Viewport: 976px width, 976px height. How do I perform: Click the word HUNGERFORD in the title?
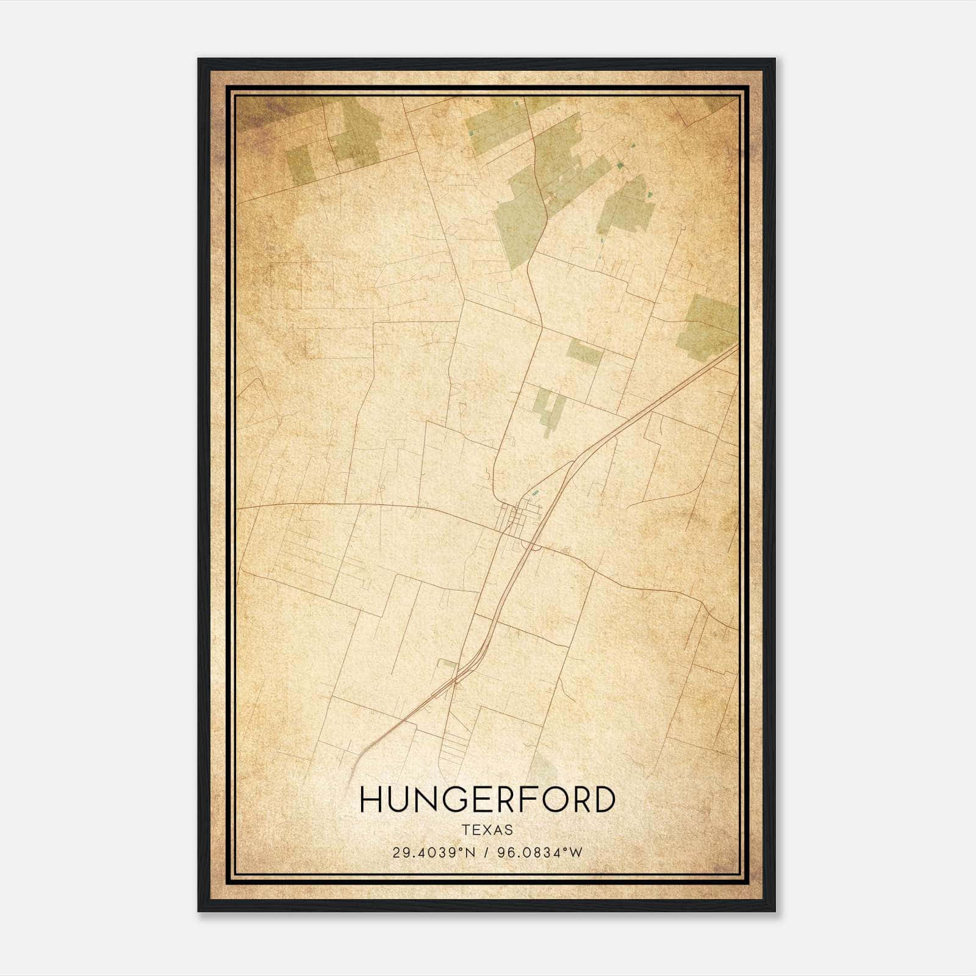click(x=487, y=800)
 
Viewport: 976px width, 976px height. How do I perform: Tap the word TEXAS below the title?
click(x=487, y=830)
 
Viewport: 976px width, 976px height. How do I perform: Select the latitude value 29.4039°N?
click(x=433, y=853)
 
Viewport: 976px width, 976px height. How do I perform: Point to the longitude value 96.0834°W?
click(x=540, y=853)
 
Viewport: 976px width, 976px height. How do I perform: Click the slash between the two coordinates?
click(x=486, y=853)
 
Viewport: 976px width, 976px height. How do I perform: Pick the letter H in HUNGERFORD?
click(x=371, y=800)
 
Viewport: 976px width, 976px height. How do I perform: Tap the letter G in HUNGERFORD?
click(x=450, y=800)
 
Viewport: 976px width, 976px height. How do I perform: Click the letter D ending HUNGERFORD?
click(x=603, y=800)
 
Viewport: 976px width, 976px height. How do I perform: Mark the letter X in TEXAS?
click(x=487, y=830)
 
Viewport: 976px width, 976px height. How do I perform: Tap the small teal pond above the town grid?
click(x=535, y=493)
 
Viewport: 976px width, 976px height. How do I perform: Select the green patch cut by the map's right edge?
click(x=711, y=326)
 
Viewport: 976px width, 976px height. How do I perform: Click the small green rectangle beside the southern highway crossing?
click(x=448, y=663)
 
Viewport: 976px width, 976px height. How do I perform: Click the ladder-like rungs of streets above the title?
click(x=454, y=750)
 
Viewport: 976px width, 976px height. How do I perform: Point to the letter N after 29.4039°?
click(x=470, y=853)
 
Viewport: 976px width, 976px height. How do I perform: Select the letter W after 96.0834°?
click(x=576, y=853)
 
